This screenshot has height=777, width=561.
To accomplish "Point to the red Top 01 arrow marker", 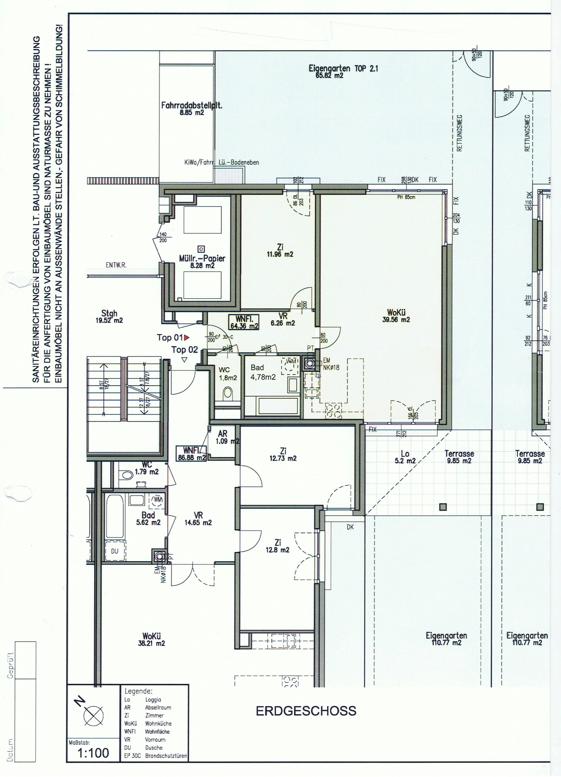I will [187, 338].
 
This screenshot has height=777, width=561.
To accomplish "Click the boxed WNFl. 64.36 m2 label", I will [244, 322].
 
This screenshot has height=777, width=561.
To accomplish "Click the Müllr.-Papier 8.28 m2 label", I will [202, 261].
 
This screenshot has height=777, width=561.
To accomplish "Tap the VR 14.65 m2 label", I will [198, 519].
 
